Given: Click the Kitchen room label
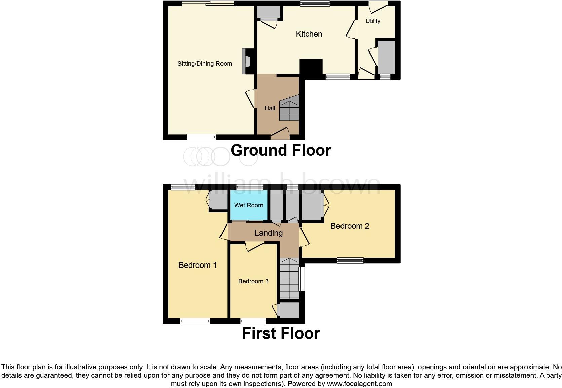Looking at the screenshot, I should [x=309, y=34].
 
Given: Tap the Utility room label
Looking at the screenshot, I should [x=373, y=21].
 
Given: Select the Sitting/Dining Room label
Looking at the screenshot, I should [x=205, y=64].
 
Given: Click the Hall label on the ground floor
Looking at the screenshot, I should [x=270, y=108].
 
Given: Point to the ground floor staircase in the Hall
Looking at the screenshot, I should [x=289, y=108].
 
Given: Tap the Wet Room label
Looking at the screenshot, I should [x=248, y=205].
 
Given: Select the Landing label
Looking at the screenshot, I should [x=268, y=233].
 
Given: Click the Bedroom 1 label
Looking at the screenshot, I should [x=197, y=265].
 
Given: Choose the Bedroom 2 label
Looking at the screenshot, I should [x=350, y=226].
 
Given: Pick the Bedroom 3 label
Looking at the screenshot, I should [x=253, y=281].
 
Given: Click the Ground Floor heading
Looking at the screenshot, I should [x=281, y=150].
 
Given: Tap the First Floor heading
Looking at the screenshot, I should [x=281, y=333].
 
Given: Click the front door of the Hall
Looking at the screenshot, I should [x=280, y=134].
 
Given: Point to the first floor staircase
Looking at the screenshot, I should [x=289, y=279].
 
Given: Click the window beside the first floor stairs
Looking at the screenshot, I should [x=302, y=279].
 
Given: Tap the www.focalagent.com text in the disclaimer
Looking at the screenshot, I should [x=359, y=384].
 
